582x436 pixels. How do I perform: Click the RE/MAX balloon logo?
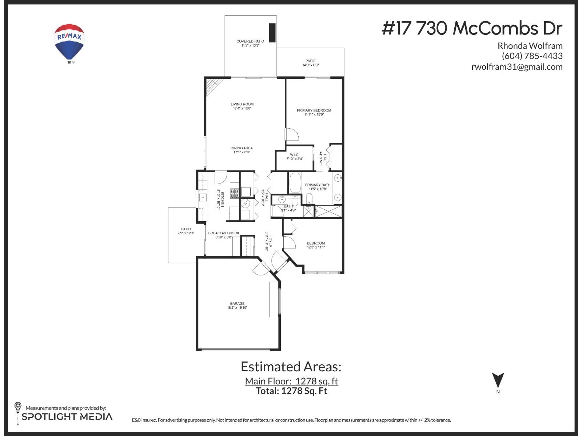69,43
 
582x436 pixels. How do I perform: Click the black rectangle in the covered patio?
272,33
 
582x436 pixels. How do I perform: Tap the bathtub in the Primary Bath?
295,183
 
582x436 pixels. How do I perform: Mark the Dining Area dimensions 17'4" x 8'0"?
242,152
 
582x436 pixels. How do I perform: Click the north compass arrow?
498,380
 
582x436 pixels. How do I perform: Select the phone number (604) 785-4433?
532,56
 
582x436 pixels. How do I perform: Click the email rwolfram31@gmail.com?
517,67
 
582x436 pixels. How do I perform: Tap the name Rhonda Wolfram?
530,46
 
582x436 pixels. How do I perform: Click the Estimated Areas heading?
291,367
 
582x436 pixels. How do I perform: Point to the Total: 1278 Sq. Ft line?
291,391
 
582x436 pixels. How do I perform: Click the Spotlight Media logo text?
67,417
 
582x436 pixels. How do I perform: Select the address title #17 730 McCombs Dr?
472,28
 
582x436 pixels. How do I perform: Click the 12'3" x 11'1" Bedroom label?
316,247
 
